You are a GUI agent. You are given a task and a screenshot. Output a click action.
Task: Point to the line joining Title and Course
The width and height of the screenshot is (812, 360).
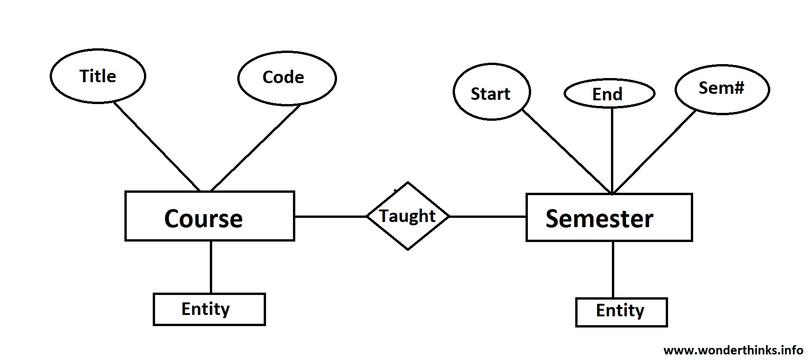tap(157, 147)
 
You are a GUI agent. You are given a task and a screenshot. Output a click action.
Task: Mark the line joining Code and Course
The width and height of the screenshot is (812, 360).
tap(255, 148)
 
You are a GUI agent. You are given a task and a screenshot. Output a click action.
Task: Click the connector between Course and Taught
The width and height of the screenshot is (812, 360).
tap(331, 216)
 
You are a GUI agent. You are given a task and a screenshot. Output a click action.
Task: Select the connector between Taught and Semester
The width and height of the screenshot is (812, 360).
tap(487, 216)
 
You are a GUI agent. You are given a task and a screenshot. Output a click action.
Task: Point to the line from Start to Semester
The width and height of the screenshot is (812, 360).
tap(567, 151)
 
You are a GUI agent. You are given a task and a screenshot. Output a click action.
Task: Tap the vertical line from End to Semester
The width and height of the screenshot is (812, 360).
tap(612, 151)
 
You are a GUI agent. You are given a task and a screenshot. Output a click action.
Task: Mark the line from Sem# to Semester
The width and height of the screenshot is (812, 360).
tap(655, 152)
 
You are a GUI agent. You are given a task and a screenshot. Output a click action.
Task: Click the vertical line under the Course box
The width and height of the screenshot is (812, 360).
tap(211, 267)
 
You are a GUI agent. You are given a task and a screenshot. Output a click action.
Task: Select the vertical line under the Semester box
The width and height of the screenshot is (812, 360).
tap(613, 270)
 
